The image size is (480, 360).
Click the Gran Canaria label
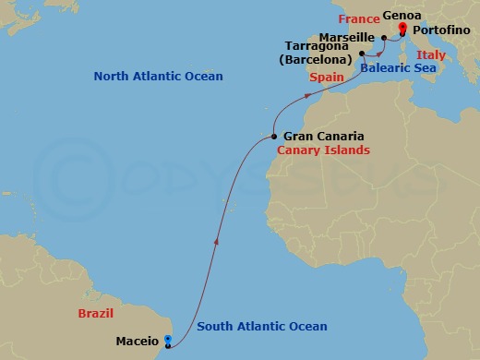pyautogui.click(x=317, y=136)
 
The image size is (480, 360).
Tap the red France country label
pyautogui.click(x=359, y=18)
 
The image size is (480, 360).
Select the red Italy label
pyautogui.click(x=431, y=55)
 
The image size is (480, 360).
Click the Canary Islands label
pyautogui.click(x=323, y=150)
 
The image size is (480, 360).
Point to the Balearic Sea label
pyautogui.click(x=397, y=67)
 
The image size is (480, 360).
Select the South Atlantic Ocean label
pyautogui.click(x=262, y=327)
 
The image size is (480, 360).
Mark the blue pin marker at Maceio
pyautogui.click(x=167, y=340)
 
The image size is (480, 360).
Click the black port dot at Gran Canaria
pyautogui.click(x=274, y=136)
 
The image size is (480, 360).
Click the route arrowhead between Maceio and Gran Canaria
pyautogui.click(x=216, y=242)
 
